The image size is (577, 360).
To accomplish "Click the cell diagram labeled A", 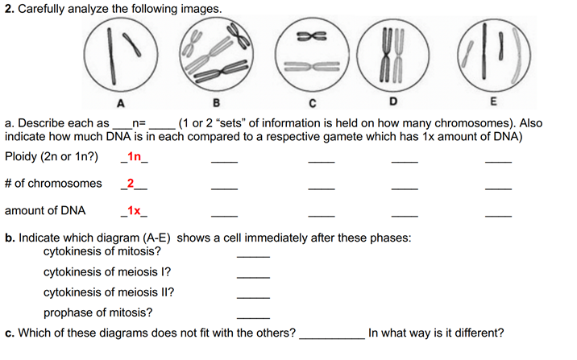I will click(120, 56).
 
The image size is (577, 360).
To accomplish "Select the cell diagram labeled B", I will click(215, 56).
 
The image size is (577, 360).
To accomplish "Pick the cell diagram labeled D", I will click(393, 56).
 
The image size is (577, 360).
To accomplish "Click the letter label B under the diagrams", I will click(215, 103).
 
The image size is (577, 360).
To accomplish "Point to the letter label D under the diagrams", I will click(393, 103).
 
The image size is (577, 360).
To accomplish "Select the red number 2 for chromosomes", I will click(131, 184).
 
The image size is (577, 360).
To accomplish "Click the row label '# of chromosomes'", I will click(53, 184).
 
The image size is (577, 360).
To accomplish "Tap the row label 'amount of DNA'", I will click(47, 211).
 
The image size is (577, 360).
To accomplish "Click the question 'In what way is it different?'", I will click(436, 333).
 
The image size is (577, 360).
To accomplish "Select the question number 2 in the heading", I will click(7, 8).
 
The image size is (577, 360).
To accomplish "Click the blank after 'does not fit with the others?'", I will click(331, 337).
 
